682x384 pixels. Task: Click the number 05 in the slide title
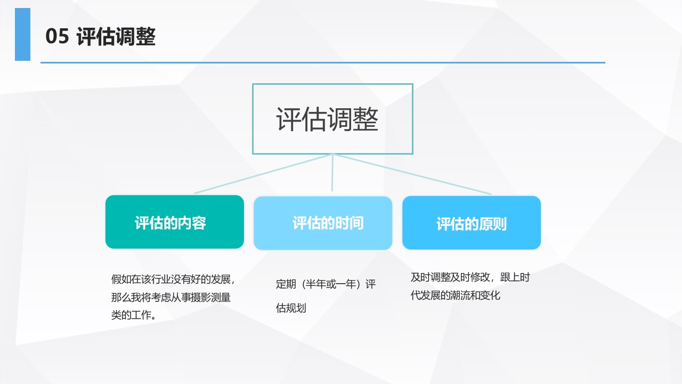coord(57,36)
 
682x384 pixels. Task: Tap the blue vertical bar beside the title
coord(22,34)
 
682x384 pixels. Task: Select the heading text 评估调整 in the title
coord(116,37)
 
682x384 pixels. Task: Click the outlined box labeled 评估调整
coord(332,85)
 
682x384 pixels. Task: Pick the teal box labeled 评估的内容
coord(174,222)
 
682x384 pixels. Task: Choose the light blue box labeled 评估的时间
coord(323,223)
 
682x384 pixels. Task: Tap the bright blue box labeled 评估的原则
coord(472,223)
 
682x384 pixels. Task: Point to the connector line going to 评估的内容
coord(263,174)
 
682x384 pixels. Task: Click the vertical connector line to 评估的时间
coord(332,172)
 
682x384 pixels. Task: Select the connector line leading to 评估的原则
coord(412,174)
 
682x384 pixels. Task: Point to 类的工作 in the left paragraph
coord(131,315)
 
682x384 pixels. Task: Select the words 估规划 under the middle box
coord(291,308)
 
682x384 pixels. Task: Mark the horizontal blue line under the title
coord(323,63)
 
